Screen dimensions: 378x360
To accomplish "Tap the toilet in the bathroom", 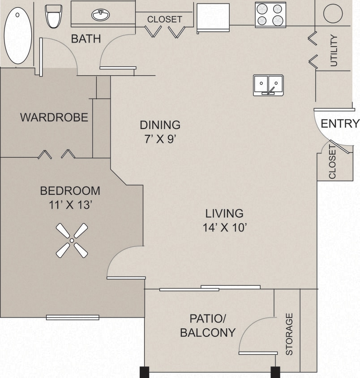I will [x=54, y=16].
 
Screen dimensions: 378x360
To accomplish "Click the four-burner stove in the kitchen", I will [x=270, y=15].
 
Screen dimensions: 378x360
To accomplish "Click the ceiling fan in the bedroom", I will [x=72, y=241].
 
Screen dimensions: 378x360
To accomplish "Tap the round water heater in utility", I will [x=333, y=13].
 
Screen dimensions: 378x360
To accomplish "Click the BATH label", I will [x=86, y=39].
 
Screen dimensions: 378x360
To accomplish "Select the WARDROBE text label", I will [x=54, y=118].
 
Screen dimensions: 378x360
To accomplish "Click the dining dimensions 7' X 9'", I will [x=160, y=139].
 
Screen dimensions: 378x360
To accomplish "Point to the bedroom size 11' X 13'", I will [x=70, y=205].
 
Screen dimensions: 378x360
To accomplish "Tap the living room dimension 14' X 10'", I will [x=224, y=228].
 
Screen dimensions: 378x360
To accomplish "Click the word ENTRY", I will [x=340, y=124].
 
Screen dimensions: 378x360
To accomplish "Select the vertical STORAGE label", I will [x=289, y=334].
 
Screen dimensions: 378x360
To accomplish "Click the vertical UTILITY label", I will [x=334, y=51].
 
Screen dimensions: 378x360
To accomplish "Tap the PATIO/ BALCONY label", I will [x=207, y=326].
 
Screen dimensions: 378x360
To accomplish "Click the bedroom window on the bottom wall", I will [x=73, y=318].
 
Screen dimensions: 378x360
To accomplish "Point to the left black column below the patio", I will [x=144, y=372].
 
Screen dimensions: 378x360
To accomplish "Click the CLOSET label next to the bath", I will [x=165, y=19].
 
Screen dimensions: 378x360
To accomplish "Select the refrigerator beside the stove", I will [x=213, y=17].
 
